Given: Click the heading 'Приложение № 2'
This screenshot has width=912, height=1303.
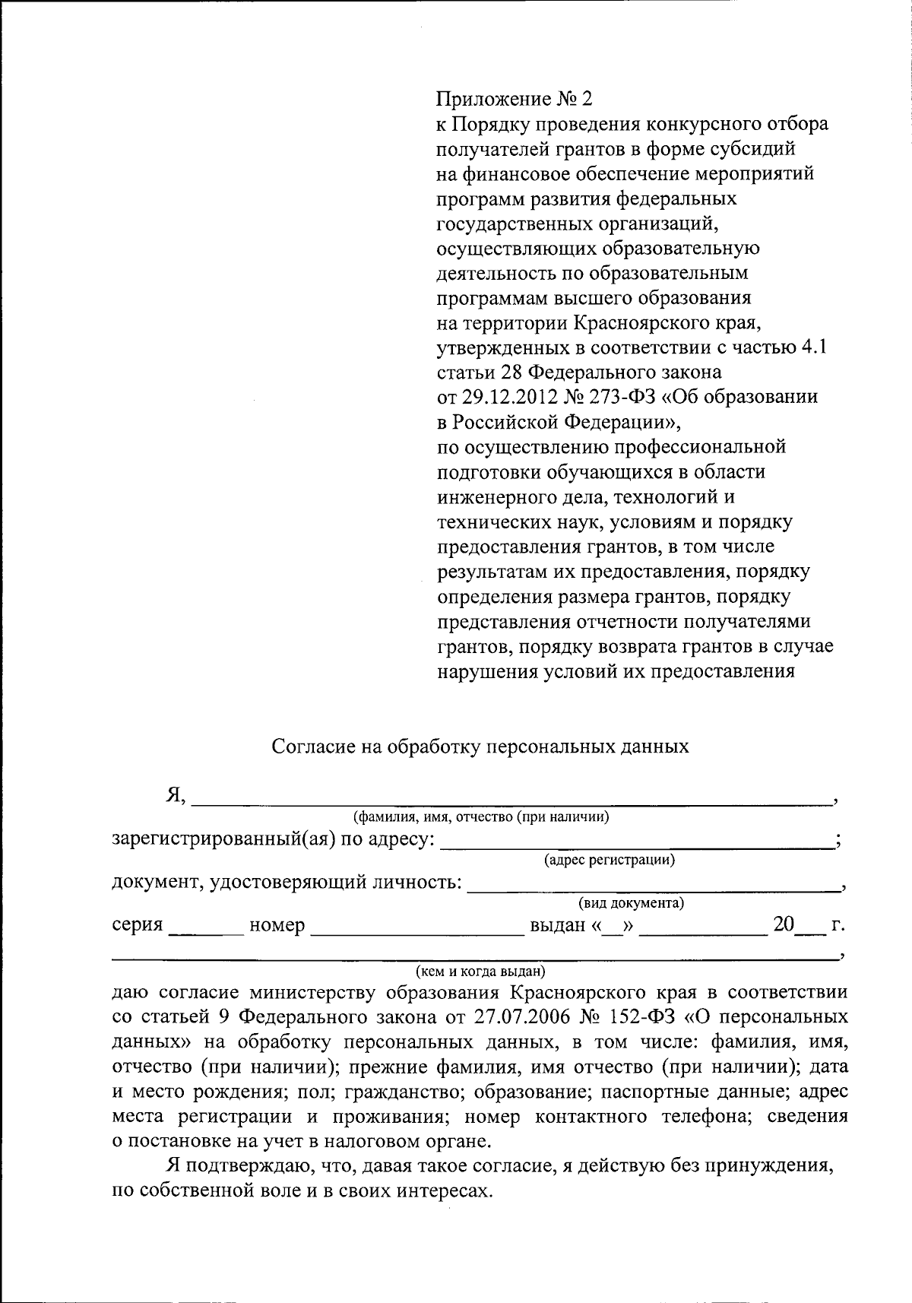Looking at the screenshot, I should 513,99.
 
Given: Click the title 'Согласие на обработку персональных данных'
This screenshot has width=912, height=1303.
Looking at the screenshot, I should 480,746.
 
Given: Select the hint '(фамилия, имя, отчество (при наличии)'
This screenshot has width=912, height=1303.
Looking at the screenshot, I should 480,817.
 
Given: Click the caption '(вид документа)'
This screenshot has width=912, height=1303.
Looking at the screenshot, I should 631,903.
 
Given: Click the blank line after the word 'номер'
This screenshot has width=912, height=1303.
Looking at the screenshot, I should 413,927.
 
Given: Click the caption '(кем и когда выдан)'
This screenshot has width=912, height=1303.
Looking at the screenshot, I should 480,971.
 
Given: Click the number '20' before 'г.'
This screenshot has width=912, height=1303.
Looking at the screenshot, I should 784,924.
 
